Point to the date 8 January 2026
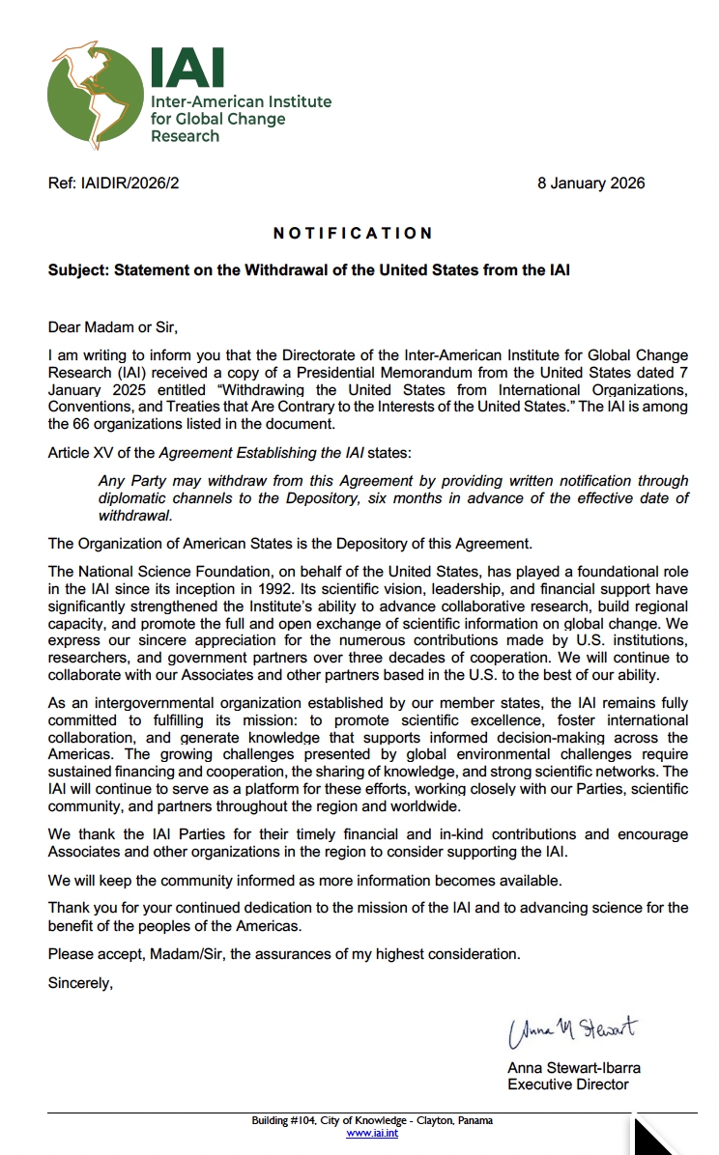coord(590,183)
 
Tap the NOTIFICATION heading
coord(353,234)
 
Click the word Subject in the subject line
coord(77,270)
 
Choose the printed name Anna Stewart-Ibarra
coord(573,1068)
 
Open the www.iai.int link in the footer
coord(372,1133)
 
